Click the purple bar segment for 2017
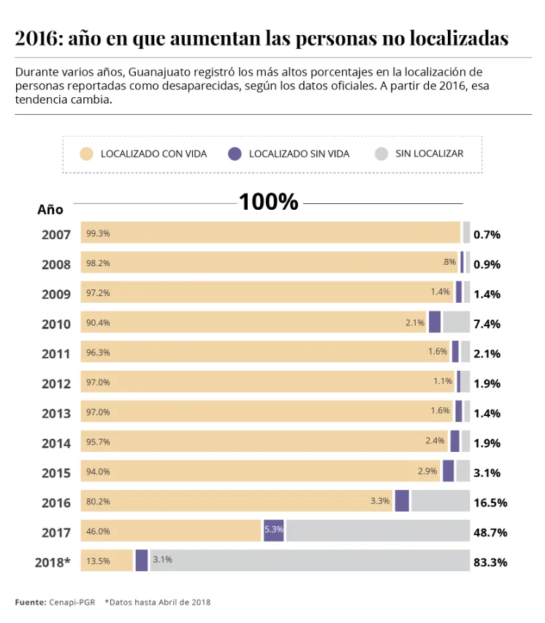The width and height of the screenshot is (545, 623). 274,531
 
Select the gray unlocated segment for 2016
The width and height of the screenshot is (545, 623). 440,501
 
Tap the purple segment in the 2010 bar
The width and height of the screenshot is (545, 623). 435,322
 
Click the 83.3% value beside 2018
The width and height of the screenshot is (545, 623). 490,562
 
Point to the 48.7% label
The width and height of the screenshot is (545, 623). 490,532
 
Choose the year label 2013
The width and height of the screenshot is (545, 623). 56,413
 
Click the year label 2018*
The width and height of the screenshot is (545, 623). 53,562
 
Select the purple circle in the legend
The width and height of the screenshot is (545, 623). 235,154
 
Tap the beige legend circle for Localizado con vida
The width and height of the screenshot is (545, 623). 87,154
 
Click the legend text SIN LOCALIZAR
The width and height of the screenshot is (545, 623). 430,154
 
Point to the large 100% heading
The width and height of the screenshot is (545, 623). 269,202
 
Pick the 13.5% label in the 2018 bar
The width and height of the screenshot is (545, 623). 98,561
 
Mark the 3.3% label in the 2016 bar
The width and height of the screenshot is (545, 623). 380,501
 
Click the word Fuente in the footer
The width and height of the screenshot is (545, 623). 30,602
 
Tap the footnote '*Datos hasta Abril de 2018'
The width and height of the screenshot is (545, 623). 157,602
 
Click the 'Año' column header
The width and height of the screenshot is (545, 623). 50,210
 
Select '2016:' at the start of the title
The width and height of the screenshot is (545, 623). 38,39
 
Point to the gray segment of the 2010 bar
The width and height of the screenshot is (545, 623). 456,322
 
